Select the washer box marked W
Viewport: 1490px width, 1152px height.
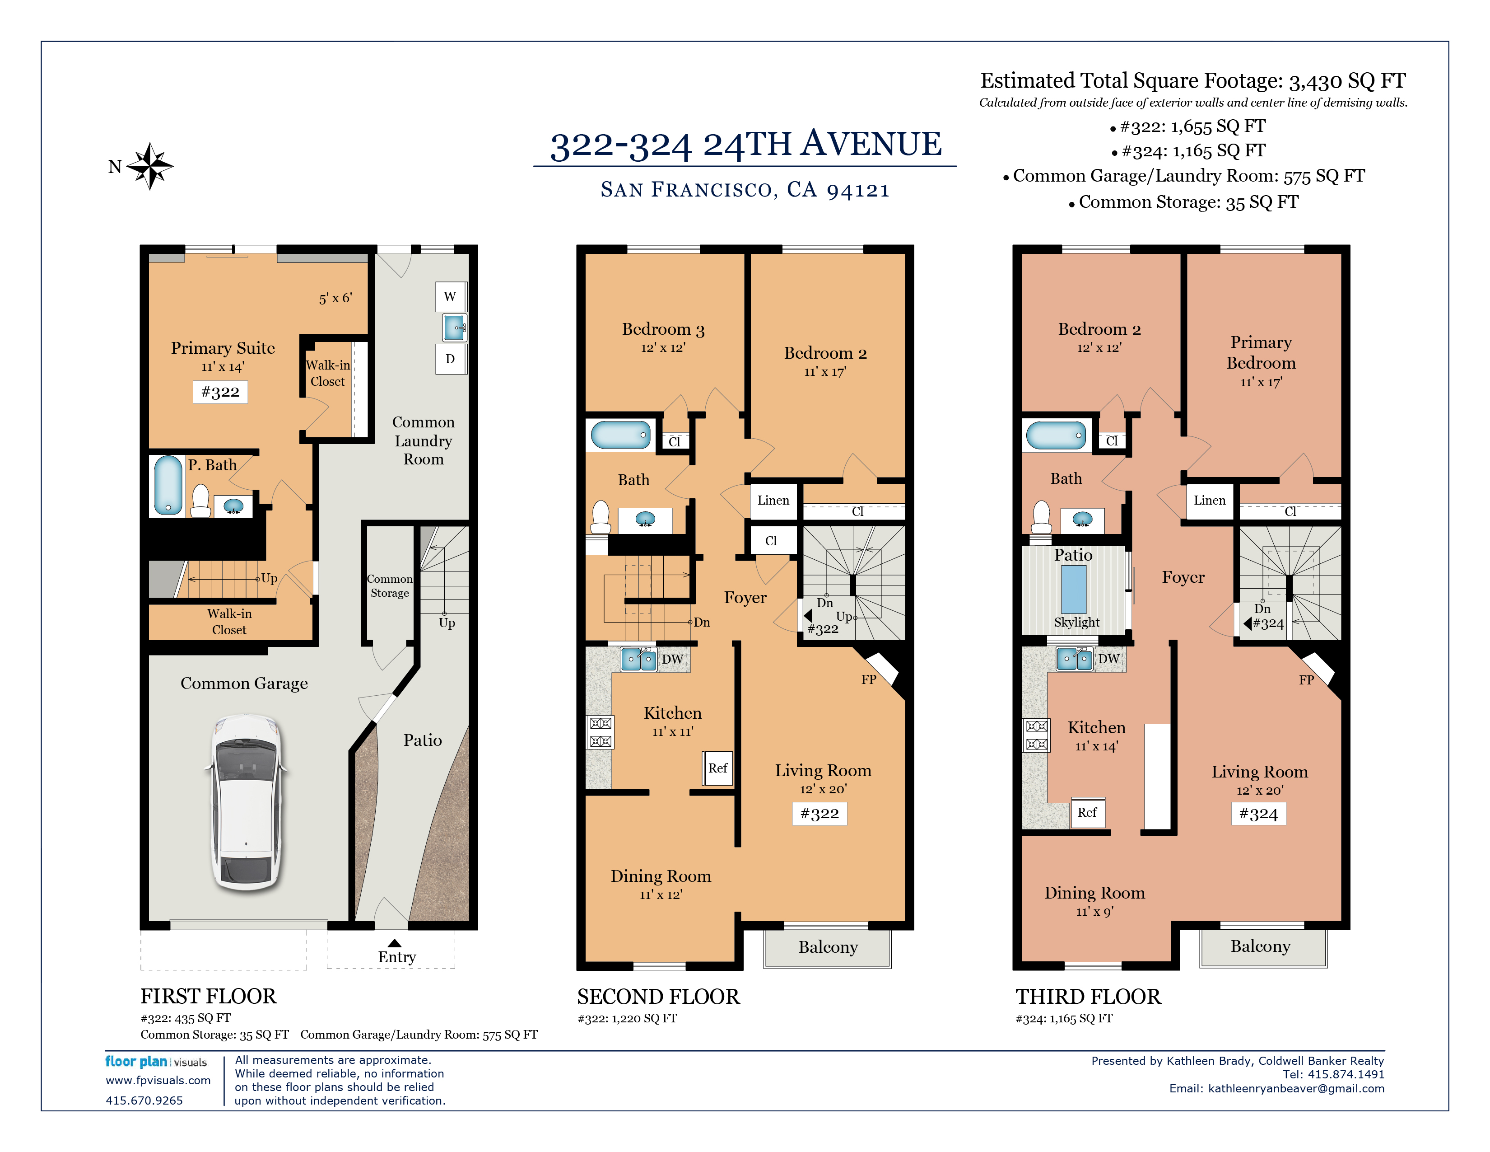(450, 297)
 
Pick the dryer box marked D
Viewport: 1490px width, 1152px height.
(450, 359)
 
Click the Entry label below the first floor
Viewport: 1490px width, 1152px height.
(396, 957)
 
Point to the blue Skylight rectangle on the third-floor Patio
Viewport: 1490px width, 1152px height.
(1073, 590)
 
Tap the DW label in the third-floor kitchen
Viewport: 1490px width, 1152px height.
(1108, 659)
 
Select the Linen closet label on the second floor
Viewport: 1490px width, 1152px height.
(773, 500)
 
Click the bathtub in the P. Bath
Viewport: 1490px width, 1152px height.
(168, 485)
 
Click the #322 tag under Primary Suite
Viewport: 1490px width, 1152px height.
(220, 392)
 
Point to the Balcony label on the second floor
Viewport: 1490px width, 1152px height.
(828, 947)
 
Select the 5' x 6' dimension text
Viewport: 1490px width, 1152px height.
(335, 298)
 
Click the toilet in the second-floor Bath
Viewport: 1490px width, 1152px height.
(601, 517)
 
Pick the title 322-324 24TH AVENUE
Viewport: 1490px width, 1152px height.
(746, 144)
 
